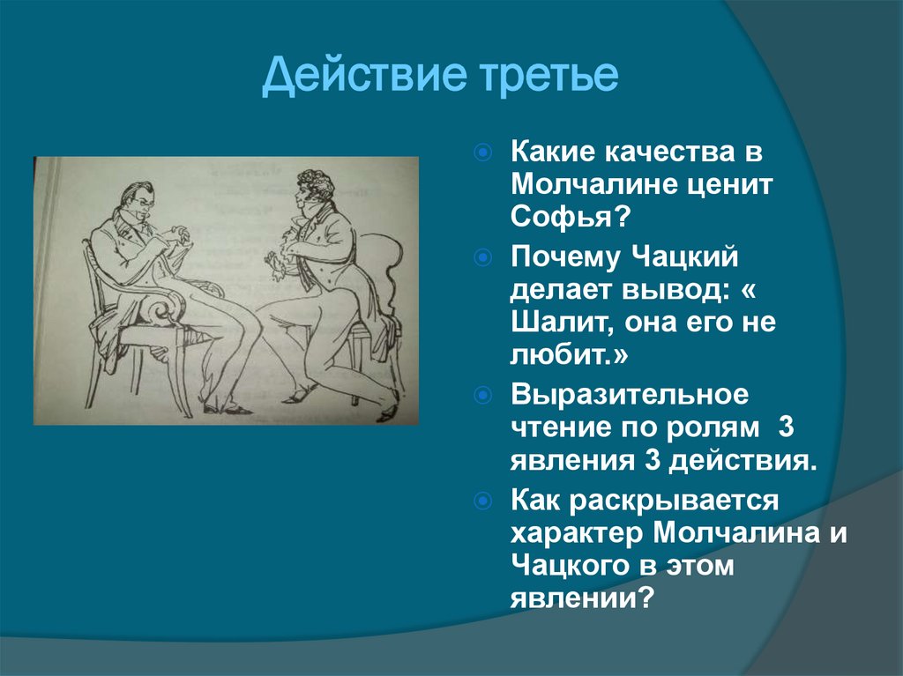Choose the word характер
coord(577,534)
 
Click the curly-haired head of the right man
coord(315,188)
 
